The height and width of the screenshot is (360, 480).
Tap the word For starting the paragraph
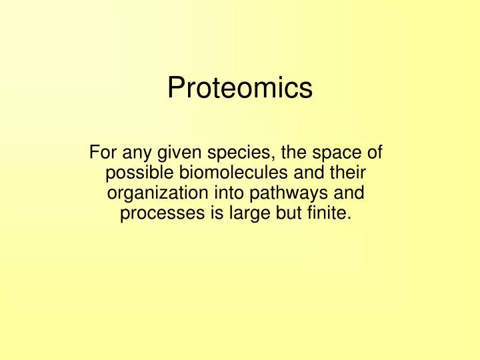point(103,153)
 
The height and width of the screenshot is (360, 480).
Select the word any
point(135,153)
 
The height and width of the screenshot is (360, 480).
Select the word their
point(349,173)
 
